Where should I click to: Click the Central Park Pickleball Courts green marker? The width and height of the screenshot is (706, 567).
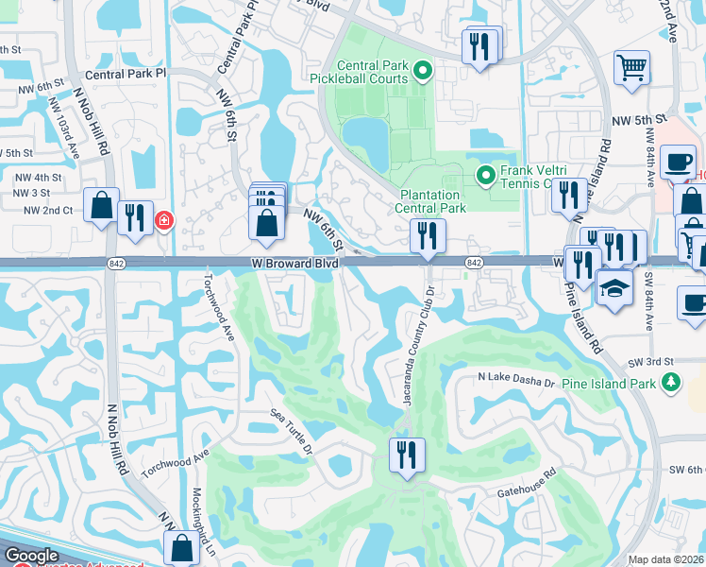coord(424,69)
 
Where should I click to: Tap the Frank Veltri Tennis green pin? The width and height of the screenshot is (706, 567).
coord(486,175)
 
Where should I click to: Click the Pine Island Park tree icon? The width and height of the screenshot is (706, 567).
coord(670,383)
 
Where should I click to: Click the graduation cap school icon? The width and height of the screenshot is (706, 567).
coord(614,288)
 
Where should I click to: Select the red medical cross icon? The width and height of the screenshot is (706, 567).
coord(164,220)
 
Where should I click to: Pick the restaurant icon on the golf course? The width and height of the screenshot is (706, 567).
coord(407,455)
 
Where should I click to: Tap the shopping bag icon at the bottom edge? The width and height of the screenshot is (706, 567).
coord(180,548)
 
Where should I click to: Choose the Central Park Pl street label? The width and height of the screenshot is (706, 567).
coord(125,73)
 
